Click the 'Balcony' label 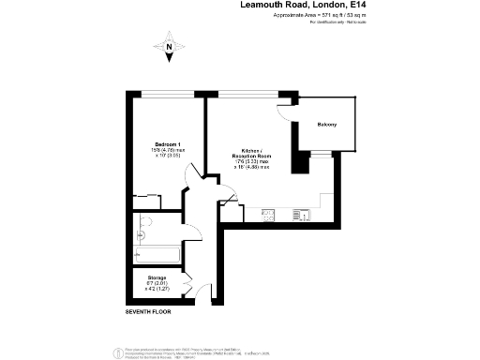click(x=327, y=125)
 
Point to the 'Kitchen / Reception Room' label click(x=251, y=153)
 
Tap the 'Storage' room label click(x=157, y=278)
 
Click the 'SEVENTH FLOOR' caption click(x=150, y=310)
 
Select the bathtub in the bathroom click(x=156, y=254)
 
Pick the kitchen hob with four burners click(x=267, y=216)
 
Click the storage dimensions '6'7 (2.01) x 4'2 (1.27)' click(x=157, y=287)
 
